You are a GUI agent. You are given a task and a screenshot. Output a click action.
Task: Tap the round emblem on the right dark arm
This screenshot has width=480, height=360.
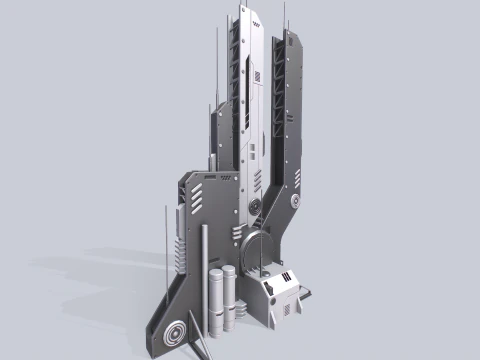(x=297, y=202)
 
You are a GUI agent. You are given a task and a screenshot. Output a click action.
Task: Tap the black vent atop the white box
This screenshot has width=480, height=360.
(x=286, y=277)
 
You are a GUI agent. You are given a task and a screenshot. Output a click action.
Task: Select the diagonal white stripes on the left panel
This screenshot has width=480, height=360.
(x=198, y=194)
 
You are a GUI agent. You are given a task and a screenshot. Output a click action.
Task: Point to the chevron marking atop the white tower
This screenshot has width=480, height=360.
(x=255, y=26)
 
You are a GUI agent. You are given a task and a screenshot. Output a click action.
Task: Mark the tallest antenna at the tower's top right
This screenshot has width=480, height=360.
(x=287, y=15)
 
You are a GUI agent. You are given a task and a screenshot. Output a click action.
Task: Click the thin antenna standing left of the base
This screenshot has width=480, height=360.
(x=166, y=240)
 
